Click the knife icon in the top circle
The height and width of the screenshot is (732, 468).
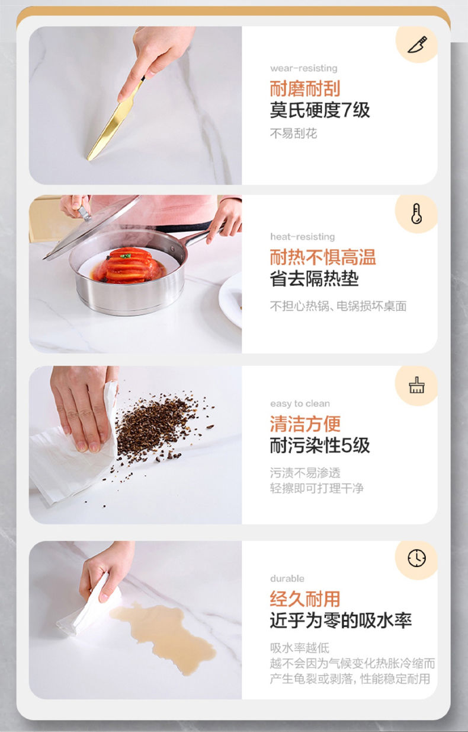pos(418,44)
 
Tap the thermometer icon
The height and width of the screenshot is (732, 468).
pos(416,214)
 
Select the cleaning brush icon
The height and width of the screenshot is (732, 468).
pos(417,386)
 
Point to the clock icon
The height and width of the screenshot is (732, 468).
pos(417,558)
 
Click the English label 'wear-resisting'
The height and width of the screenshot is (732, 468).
pos(304,68)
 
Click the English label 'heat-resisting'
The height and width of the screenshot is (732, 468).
pos(303,237)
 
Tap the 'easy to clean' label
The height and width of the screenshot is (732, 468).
pos(300,403)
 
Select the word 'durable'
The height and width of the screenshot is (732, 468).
pos(287,579)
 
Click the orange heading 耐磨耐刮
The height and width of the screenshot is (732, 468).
pos(305,88)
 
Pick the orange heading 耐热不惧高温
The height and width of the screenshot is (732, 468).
pos(323,257)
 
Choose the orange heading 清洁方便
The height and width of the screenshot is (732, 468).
pos(305,424)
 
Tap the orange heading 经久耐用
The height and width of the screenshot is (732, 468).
pos(305,599)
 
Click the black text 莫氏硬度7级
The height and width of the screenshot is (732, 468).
pos(320,110)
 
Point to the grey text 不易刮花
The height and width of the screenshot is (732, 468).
pos(293,133)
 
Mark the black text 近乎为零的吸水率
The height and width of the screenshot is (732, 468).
pos(341,620)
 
